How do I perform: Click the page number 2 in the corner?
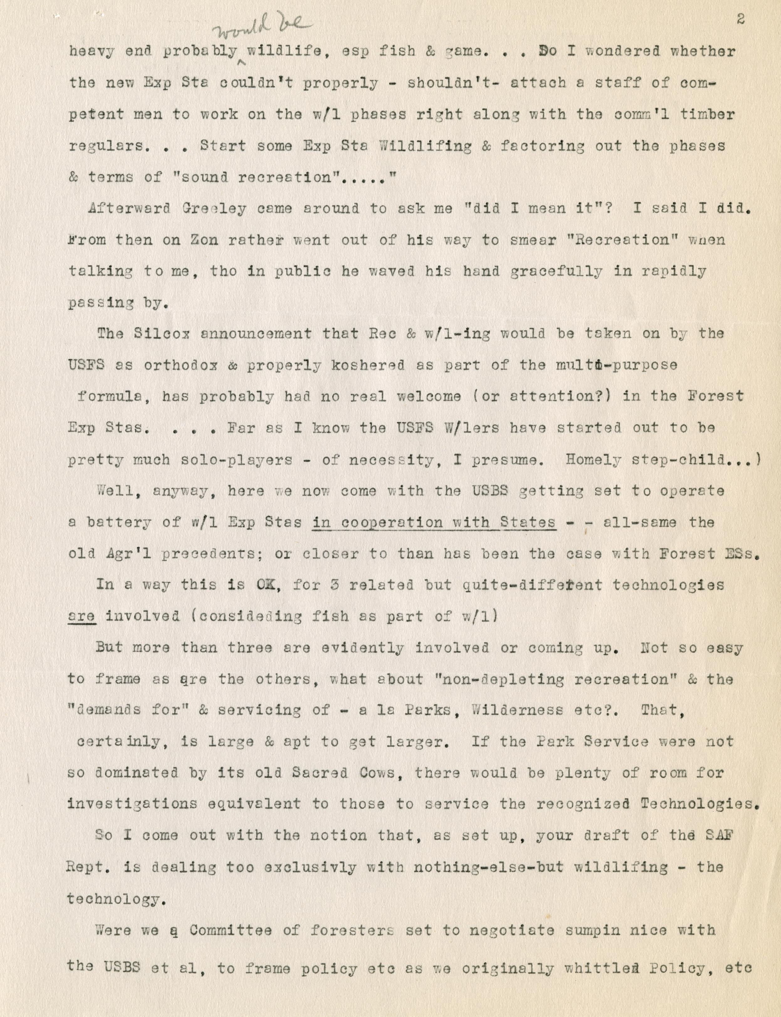[x=741, y=19]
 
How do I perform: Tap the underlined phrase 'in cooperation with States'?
[x=434, y=522]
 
